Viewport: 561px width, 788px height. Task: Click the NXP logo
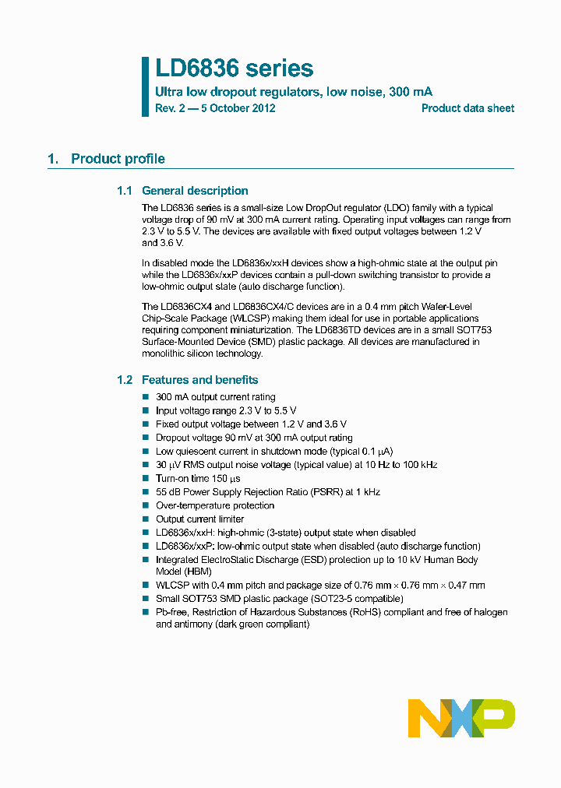pyautogui.click(x=461, y=718)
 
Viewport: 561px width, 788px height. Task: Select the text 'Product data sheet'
pyautogui.click(x=467, y=108)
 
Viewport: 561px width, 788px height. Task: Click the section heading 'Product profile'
pyautogui.click(x=118, y=159)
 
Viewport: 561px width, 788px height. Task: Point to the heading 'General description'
pyautogui.click(x=195, y=191)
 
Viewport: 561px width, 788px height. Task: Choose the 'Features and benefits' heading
pyautogui.click(x=199, y=380)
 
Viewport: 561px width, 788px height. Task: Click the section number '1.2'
pyautogui.click(x=125, y=380)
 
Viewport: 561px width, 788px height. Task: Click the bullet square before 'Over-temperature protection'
pyautogui.click(x=145, y=506)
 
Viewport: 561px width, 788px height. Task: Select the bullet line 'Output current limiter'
pyautogui.click(x=199, y=519)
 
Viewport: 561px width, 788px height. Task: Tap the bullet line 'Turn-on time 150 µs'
pyautogui.click(x=198, y=479)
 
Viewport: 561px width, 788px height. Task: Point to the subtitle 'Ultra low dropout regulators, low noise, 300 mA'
pyautogui.click(x=294, y=92)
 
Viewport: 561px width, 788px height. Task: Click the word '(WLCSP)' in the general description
pyautogui.click(x=228, y=318)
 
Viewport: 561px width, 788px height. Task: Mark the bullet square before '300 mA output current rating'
pyautogui.click(x=145, y=397)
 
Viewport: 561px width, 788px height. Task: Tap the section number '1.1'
pyautogui.click(x=125, y=191)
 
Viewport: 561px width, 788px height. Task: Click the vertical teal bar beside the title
pyautogui.click(x=145, y=86)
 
